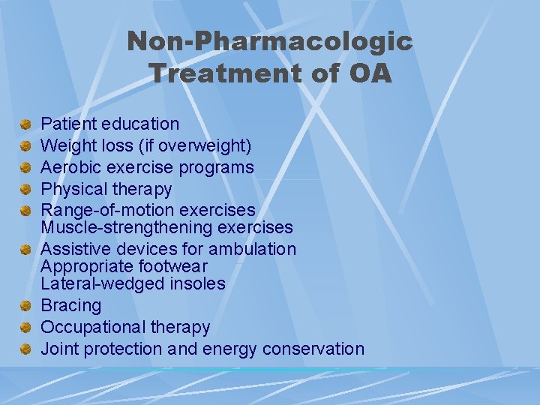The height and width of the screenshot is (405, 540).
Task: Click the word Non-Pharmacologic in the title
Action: click(269, 41)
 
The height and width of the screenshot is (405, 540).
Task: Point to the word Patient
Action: click(64, 124)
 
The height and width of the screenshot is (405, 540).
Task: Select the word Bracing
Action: click(70, 305)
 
